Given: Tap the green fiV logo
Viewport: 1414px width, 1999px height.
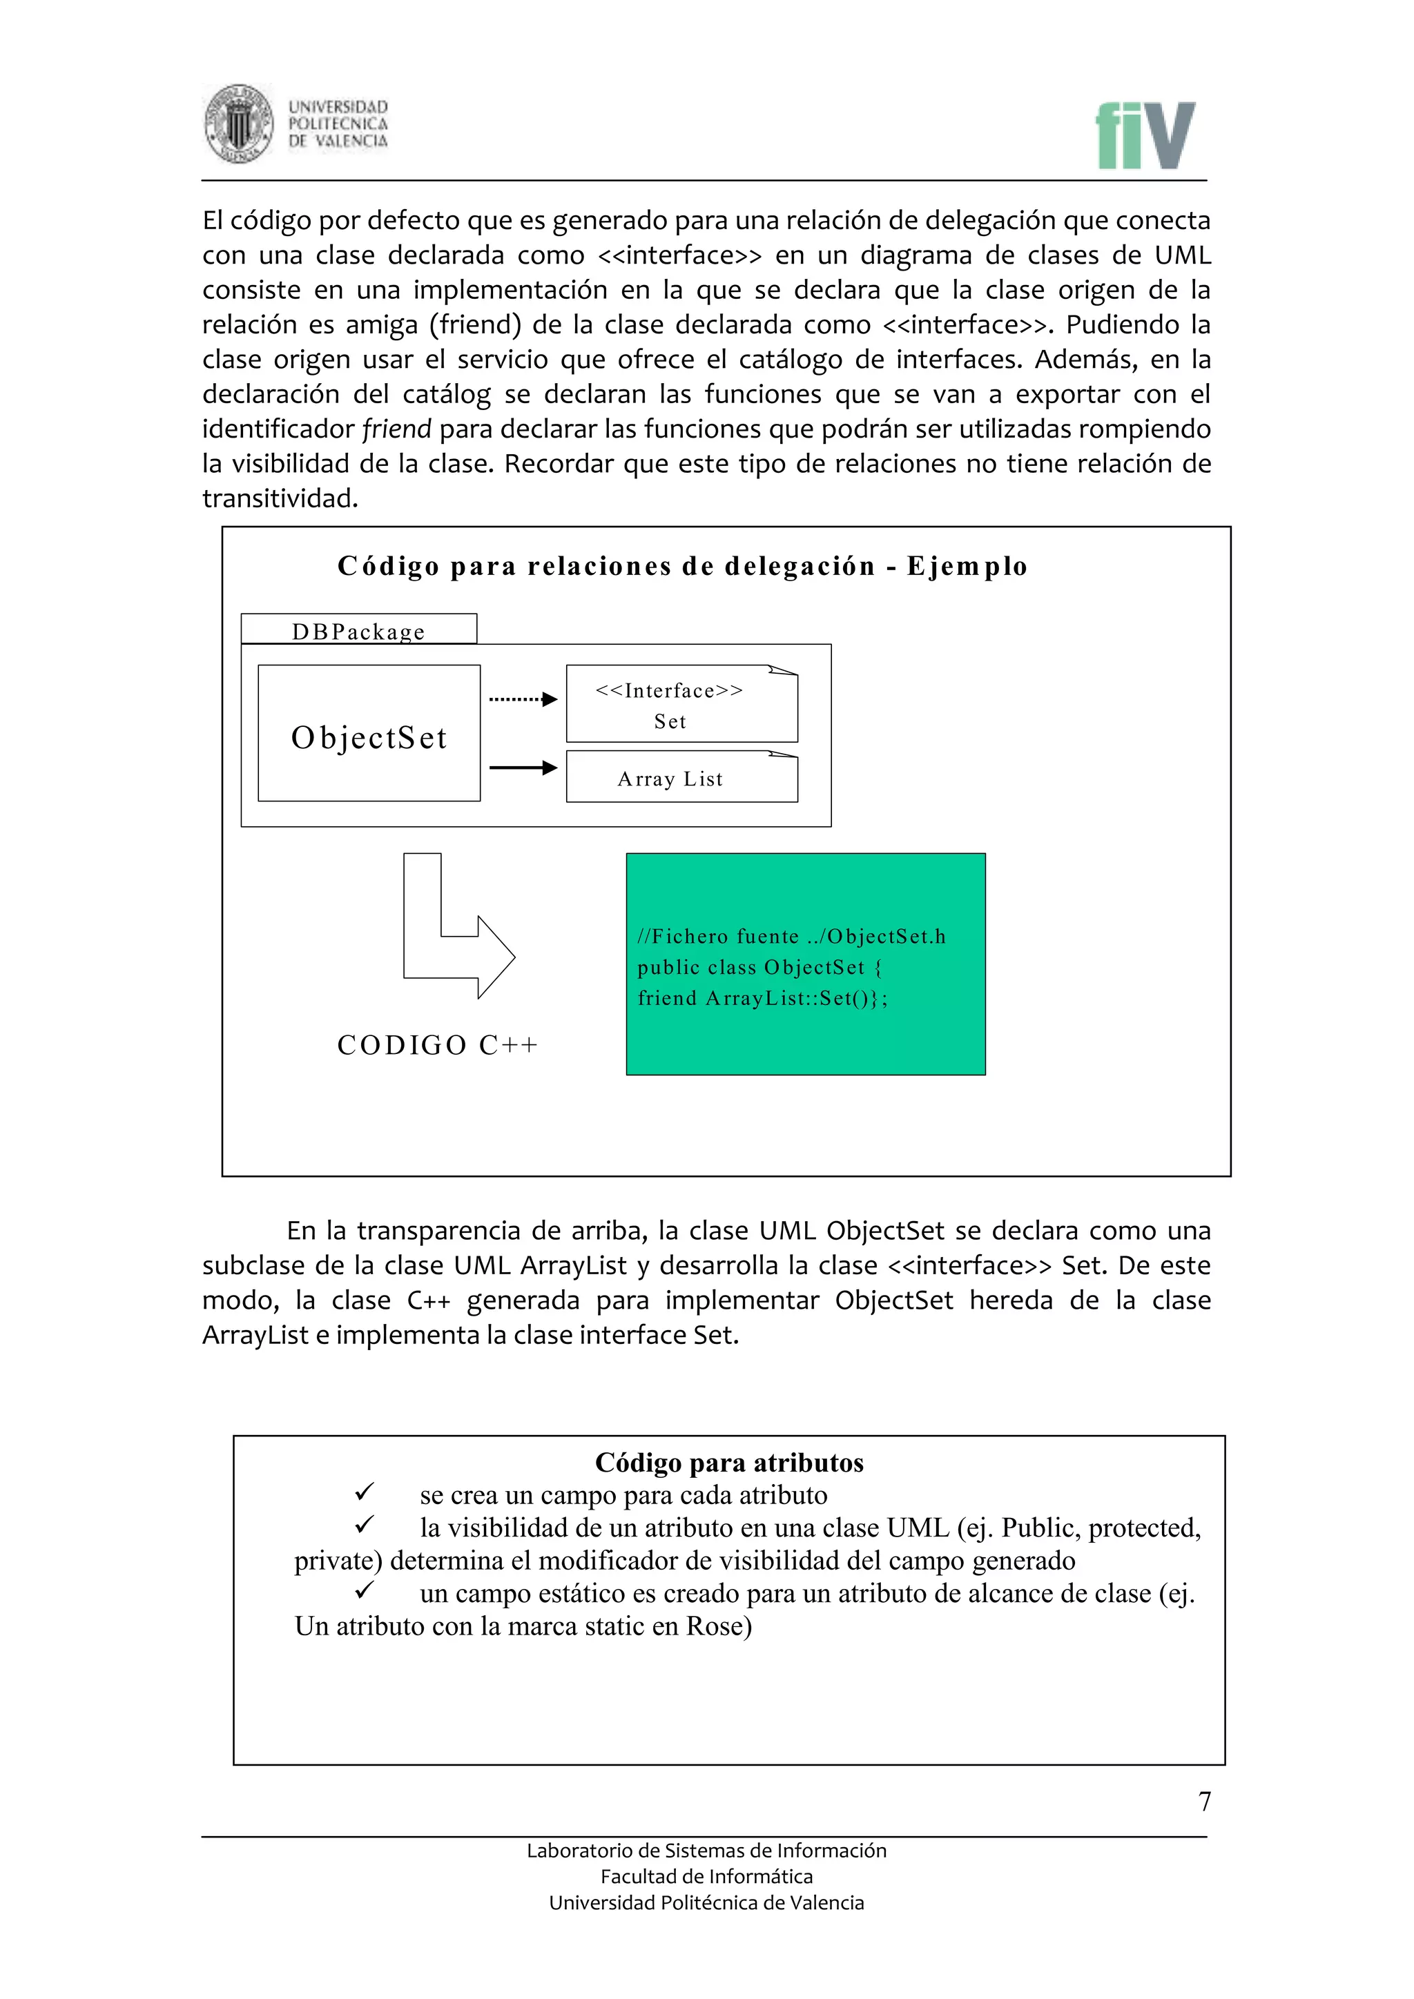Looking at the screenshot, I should tap(1145, 136).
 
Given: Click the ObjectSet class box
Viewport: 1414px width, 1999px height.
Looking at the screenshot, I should tap(369, 734).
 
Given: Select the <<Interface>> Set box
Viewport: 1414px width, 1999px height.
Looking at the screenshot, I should tap(681, 704).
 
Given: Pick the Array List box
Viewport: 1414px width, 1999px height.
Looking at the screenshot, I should tap(681, 777).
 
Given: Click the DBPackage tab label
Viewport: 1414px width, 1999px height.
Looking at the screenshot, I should tap(359, 630).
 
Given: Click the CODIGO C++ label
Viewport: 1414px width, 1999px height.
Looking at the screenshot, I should tap(438, 1045).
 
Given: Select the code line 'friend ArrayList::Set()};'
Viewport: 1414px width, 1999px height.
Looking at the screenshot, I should tap(763, 999).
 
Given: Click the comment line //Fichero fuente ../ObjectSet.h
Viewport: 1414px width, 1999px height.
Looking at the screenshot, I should tap(791, 937).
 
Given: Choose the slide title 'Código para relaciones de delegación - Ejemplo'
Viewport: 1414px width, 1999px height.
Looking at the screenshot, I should tap(683, 567).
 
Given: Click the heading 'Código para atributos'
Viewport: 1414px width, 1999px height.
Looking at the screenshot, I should tap(729, 1463).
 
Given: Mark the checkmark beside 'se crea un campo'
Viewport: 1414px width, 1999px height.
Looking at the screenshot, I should tap(364, 1493).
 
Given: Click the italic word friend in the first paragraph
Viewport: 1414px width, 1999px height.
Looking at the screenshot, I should tap(396, 429).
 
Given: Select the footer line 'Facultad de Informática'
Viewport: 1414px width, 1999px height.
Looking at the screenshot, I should tap(706, 1877).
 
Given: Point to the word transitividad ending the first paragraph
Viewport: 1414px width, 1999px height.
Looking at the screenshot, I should tap(280, 499).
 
